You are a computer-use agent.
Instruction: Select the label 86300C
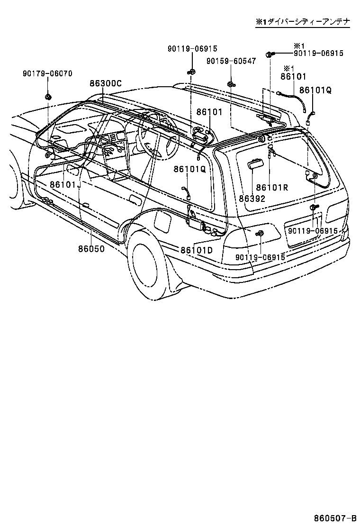[x=106, y=83]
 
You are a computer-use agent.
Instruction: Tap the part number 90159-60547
[x=231, y=61]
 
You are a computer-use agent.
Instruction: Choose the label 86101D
[x=196, y=250]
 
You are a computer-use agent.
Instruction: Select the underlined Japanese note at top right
[x=303, y=22]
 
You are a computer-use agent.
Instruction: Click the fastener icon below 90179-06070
[x=48, y=97]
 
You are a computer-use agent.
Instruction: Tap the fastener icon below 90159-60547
[x=231, y=84]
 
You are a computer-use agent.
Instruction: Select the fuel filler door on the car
[x=164, y=220]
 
